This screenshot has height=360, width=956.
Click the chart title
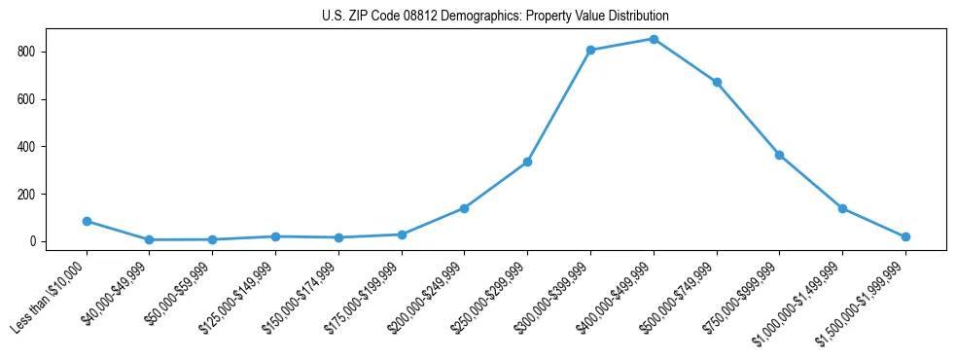[495, 17]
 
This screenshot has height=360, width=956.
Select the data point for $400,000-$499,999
[654, 39]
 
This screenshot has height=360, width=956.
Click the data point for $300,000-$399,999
[590, 50]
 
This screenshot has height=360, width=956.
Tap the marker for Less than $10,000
[87, 221]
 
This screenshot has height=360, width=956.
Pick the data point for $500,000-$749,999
[717, 82]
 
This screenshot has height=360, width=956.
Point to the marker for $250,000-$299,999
[527, 162]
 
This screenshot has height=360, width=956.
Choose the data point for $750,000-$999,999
[779, 155]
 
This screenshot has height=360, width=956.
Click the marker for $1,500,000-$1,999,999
[905, 236]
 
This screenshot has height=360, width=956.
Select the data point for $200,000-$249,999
[464, 208]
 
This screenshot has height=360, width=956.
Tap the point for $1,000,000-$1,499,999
[842, 208]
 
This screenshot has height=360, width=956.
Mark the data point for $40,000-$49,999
[149, 239]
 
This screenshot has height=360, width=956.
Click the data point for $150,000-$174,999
[338, 237]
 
